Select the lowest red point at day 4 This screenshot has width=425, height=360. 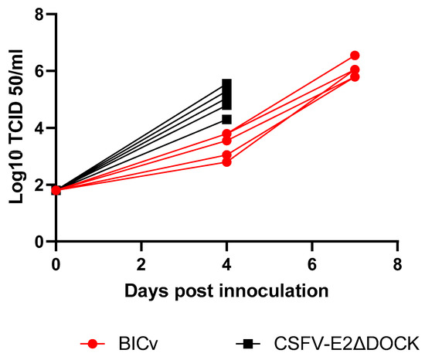tap(226, 161)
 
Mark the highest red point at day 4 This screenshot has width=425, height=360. tap(226, 134)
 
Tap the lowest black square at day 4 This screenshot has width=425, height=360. tap(226, 119)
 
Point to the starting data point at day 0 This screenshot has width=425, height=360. tap(56, 190)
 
